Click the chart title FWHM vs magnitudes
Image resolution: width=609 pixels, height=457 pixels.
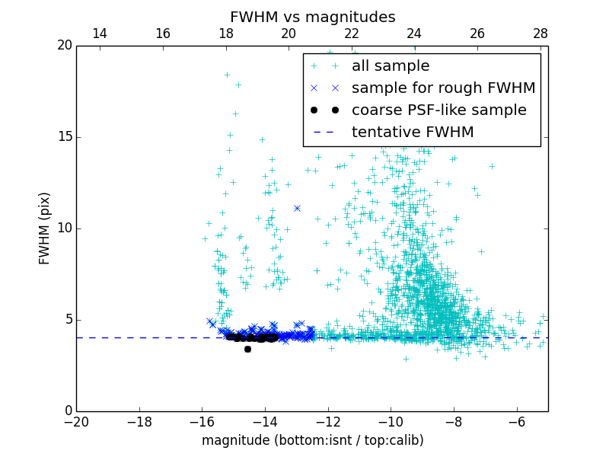pyautogui.click(x=312, y=17)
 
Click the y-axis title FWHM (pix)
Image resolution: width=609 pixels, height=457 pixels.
pyautogui.click(x=45, y=228)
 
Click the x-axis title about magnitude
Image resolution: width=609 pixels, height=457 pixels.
pyautogui.click(x=312, y=440)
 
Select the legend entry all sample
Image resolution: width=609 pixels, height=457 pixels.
pyautogui.click(x=390, y=66)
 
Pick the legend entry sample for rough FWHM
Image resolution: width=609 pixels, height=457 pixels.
pyautogui.click(x=443, y=88)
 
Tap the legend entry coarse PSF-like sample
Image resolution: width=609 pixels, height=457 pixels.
pyautogui.click(x=438, y=110)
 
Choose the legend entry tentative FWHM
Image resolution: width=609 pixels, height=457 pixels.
pyautogui.click(x=412, y=133)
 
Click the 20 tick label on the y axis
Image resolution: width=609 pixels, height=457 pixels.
pyautogui.click(x=64, y=46)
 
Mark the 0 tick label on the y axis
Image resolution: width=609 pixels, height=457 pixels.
pyautogui.click(x=68, y=411)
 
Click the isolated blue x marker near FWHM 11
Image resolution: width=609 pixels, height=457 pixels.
pyautogui.click(x=297, y=208)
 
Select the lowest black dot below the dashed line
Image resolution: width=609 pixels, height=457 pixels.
pyautogui.click(x=247, y=349)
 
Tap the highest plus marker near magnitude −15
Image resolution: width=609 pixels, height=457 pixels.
pyautogui.click(x=227, y=75)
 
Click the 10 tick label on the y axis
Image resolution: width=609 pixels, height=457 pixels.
pyautogui.click(x=64, y=228)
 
